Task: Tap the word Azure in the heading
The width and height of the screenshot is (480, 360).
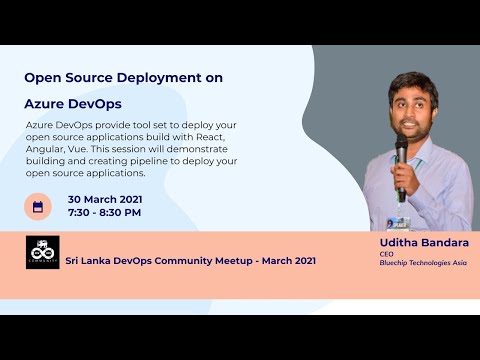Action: point(47,103)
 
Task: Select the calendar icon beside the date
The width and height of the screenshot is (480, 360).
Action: point(38,206)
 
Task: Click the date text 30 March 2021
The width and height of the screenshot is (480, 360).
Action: point(104,198)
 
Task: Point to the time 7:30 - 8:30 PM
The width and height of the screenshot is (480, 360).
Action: point(104,212)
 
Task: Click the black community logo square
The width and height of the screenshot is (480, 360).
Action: point(42,252)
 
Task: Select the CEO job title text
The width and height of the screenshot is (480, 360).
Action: point(386,254)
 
